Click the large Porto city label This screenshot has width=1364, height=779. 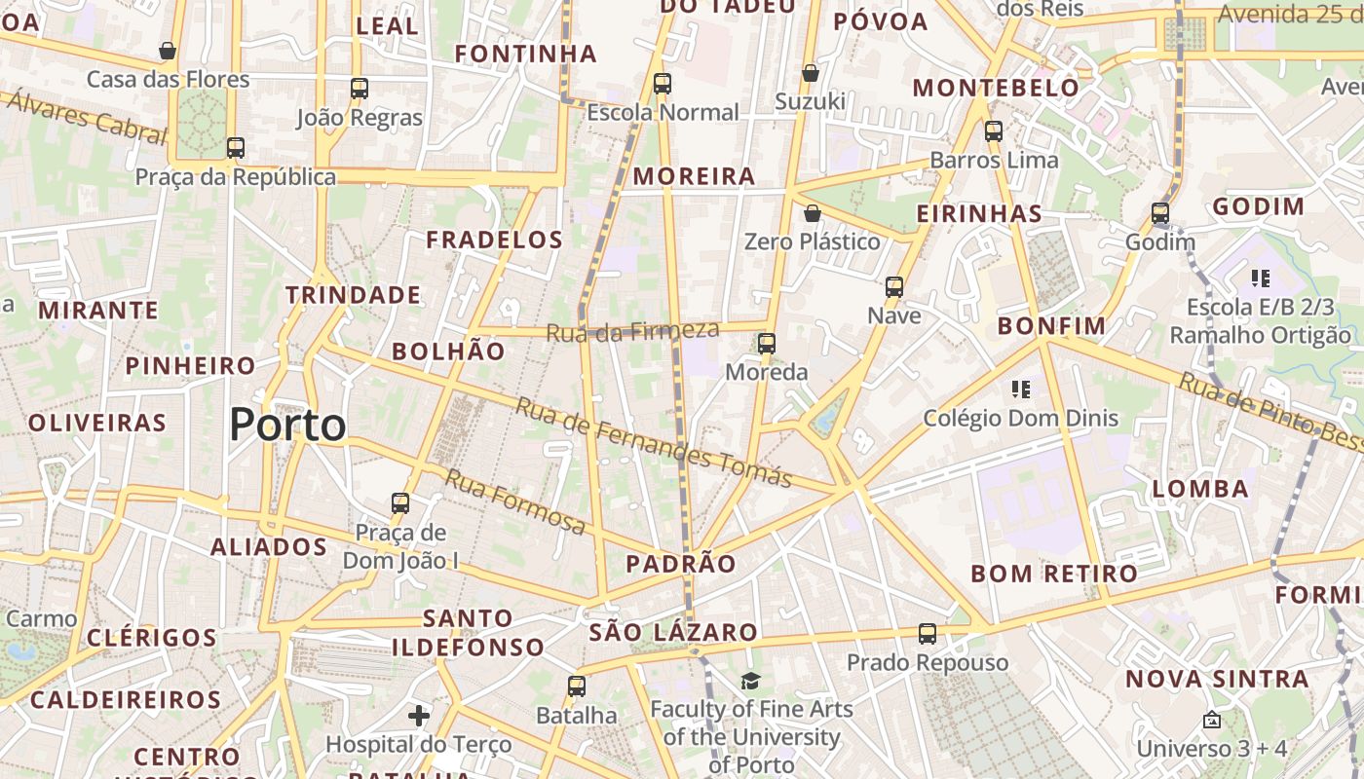287,426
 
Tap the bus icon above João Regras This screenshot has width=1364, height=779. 360,89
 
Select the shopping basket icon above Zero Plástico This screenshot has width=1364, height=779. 813,213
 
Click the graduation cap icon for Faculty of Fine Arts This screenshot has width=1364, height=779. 750,681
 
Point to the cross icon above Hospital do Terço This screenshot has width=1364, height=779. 419,717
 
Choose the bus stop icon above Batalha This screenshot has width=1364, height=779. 577,686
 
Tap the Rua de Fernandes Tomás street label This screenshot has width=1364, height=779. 653,442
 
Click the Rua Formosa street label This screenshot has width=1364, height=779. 516,501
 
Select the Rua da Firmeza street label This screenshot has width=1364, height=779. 632,331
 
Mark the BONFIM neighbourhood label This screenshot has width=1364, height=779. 1051,326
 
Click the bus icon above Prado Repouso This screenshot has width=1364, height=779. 928,634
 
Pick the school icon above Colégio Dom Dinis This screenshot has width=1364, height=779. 1021,389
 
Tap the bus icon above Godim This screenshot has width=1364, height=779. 1159,213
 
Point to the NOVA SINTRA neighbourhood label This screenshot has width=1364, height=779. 1217,679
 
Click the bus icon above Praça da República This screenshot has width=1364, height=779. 235,148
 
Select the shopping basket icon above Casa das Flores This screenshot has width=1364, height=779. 168,51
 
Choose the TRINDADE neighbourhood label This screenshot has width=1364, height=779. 353,294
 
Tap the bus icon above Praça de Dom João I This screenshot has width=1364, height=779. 400,503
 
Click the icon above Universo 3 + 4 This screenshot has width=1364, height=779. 1212,721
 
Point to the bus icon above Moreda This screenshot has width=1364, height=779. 767,344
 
